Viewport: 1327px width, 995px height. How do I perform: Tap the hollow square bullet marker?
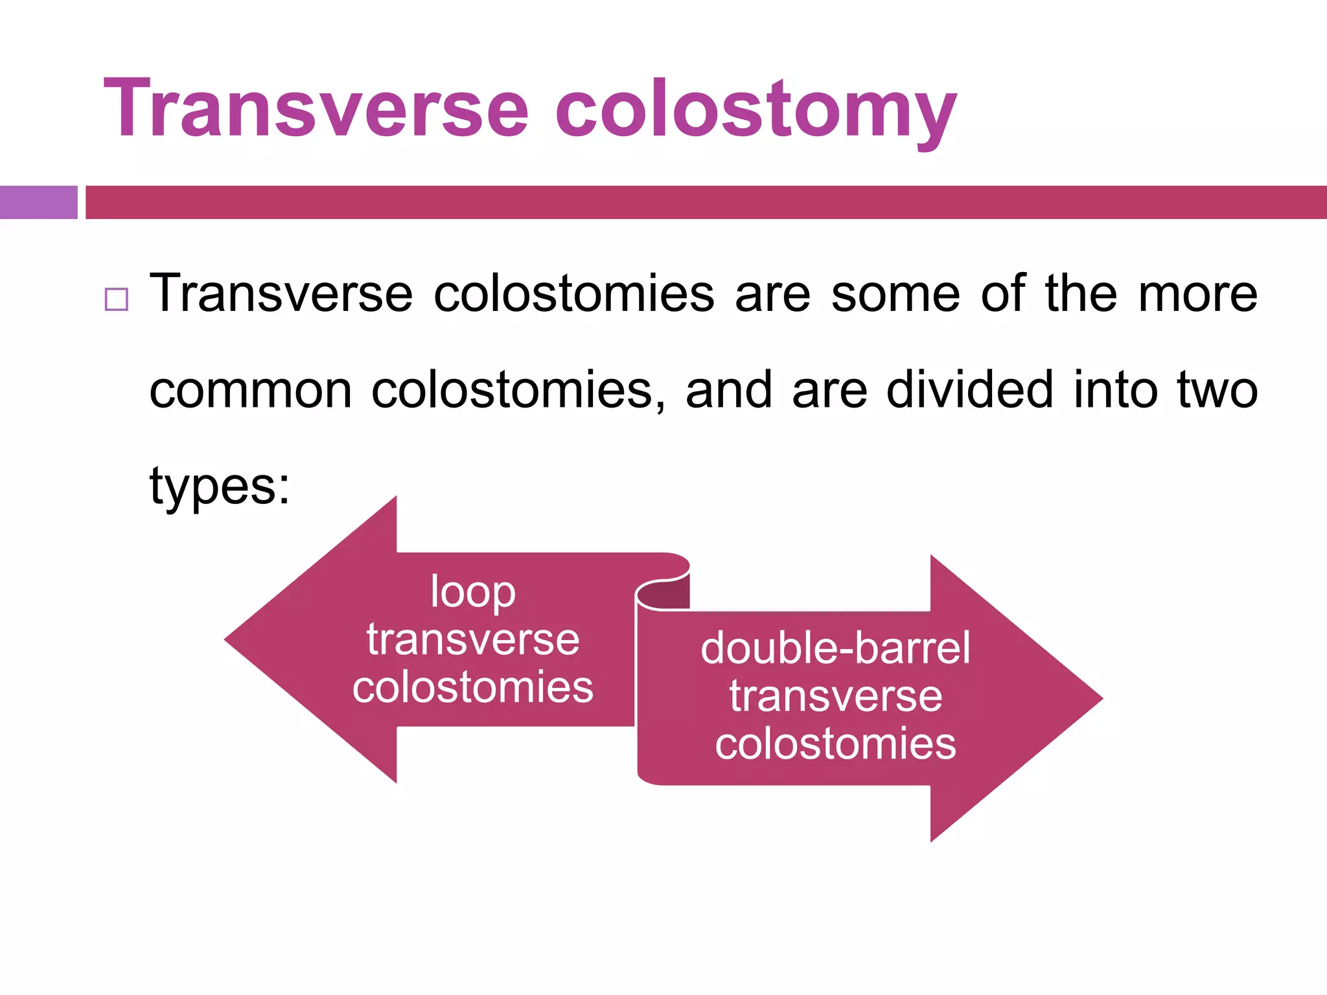coord(117,299)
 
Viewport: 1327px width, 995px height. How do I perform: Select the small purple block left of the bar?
coord(38,202)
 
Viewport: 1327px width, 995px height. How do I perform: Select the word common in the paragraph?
coord(251,391)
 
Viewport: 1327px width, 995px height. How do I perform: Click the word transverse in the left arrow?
coord(473,639)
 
